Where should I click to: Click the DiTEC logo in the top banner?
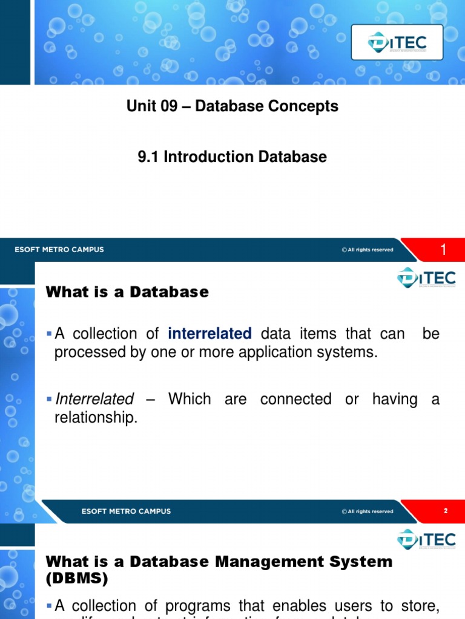tap(397, 42)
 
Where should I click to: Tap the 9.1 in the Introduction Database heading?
tap(149, 157)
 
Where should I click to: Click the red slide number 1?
tap(443, 250)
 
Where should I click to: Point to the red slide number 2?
tap(446, 511)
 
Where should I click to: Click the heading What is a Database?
tap(127, 292)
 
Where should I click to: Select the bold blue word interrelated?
tap(209, 334)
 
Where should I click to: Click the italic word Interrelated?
tap(94, 399)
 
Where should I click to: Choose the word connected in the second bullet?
tap(295, 399)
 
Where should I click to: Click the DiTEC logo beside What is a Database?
tap(426, 279)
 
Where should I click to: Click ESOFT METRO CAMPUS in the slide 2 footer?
tap(126, 511)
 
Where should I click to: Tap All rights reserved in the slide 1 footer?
tap(367, 250)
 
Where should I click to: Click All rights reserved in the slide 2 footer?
tap(367, 511)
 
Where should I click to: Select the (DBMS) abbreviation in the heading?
tap(77, 578)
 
